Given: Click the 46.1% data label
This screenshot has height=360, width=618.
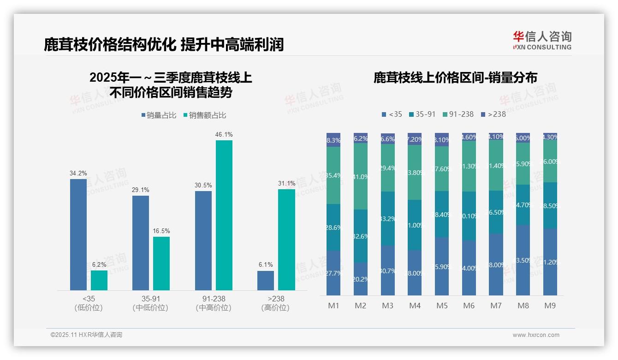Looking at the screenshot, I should pos(224,134).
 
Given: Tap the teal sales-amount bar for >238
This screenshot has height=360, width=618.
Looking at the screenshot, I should pos(286,240).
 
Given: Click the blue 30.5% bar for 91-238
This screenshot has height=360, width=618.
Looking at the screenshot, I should pos(203,240).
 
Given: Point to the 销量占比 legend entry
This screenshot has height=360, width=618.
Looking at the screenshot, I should pos(159,115).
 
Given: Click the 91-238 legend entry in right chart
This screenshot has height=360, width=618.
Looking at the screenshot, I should pos(458,114).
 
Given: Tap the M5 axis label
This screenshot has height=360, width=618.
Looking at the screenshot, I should pos(442,306).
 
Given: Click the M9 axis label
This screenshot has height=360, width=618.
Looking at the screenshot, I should pos(550,306).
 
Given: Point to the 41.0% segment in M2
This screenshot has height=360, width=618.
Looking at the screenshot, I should pos(361,176).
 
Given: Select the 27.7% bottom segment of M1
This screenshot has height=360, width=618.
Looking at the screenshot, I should pos(333,273).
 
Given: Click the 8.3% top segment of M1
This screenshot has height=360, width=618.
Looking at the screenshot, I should pos(333,140).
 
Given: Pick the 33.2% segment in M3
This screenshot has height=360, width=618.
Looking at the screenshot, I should pos(388,218).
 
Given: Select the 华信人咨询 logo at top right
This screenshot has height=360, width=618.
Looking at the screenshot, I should pos(542,40).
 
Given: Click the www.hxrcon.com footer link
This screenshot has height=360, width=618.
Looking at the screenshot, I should pos(535,335).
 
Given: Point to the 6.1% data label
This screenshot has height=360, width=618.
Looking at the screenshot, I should pos(266,265).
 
